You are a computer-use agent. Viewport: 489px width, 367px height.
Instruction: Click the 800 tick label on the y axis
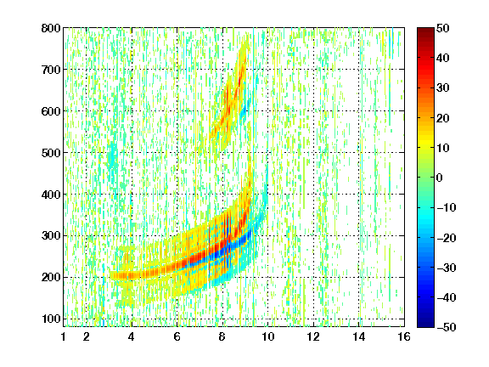click(51, 28)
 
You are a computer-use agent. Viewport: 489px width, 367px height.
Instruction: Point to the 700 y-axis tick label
click(51, 70)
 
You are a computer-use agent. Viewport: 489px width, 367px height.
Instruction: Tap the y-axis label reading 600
click(51, 111)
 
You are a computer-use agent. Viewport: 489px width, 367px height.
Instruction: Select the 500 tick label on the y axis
click(51, 153)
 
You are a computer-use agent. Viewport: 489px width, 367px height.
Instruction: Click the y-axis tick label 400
click(51, 195)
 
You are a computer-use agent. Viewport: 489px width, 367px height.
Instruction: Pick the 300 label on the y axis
click(51, 236)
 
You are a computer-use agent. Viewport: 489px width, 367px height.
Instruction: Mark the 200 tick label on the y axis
click(51, 278)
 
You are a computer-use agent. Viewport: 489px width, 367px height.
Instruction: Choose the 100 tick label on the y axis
click(51, 319)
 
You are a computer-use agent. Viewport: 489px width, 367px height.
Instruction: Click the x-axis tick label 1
click(64, 336)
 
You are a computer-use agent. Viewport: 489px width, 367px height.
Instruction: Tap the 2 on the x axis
click(87, 336)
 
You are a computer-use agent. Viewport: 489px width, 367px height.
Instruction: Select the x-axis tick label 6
click(177, 336)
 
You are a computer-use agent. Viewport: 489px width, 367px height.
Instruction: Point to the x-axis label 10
click(268, 336)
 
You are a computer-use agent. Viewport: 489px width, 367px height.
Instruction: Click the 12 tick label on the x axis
click(313, 336)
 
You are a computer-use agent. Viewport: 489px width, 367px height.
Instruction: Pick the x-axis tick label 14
click(359, 336)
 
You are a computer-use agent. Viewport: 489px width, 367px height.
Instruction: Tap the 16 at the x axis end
click(404, 336)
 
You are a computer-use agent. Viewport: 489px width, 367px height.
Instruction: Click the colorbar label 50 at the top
click(443, 28)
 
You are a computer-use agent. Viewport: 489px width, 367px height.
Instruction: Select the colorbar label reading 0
click(440, 178)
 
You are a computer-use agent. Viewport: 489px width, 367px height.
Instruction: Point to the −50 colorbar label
click(447, 327)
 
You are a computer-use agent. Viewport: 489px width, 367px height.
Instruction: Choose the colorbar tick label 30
click(443, 88)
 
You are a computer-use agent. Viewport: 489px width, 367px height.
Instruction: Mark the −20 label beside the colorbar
click(447, 238)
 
